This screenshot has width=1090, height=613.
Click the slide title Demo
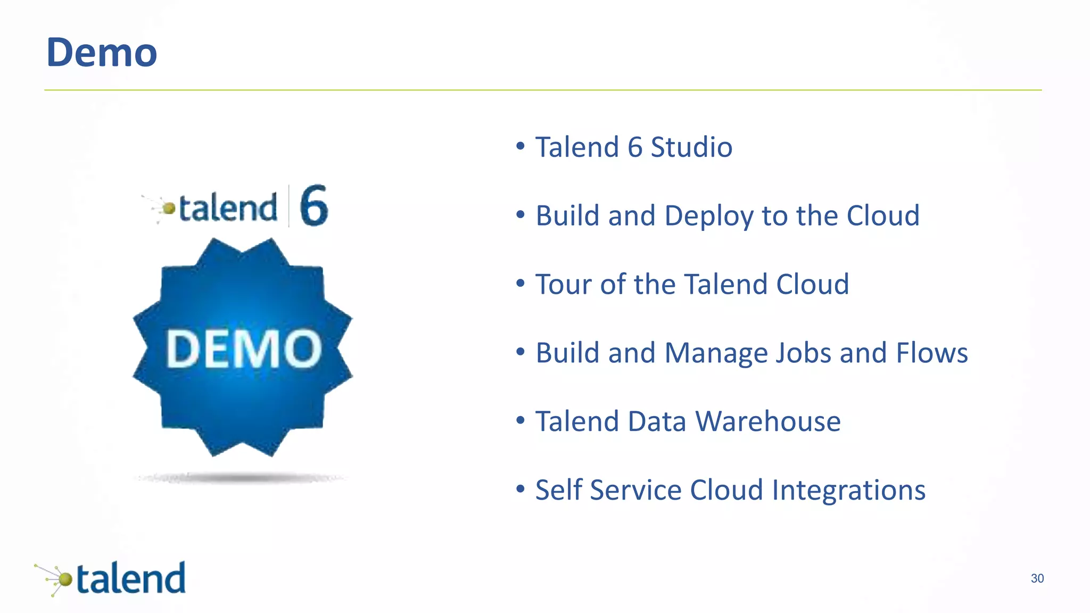pos(102,53)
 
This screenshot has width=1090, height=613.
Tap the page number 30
pos(1037,578)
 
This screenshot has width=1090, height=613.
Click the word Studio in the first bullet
pos(691,147)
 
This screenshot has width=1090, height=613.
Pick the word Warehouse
pos(768,422)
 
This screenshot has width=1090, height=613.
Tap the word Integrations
pos(848,491)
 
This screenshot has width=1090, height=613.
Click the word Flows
pos(931,353)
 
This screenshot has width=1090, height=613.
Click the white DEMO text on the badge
pos(244,349)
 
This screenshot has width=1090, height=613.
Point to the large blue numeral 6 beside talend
pos(313,206)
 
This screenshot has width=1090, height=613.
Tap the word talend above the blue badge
pos(228,208)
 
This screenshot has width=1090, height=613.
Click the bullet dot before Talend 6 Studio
pos(521,146)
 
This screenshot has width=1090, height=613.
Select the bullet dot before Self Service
pos(521,489)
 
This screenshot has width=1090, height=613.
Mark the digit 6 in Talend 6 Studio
pos(635,147)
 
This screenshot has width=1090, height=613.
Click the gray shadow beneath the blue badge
pos(242,478)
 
